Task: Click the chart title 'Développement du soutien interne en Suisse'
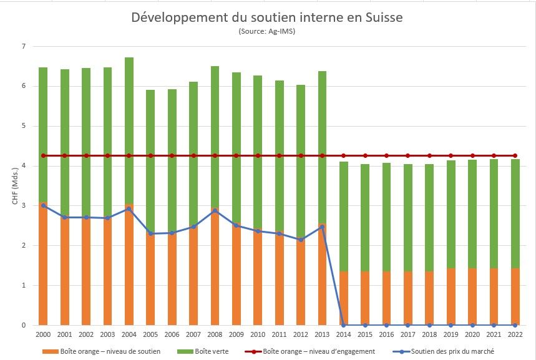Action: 267,17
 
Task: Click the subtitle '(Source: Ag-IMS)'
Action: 266,31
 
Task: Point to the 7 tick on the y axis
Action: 23,47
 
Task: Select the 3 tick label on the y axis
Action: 23,206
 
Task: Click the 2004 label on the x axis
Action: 129,334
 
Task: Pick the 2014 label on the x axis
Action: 344,334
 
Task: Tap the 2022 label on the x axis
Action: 515,334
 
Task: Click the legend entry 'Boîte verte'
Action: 212,351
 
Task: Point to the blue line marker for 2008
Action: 215,211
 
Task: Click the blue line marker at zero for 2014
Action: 344,325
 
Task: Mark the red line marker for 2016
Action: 386,155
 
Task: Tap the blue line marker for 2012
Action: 301,240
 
